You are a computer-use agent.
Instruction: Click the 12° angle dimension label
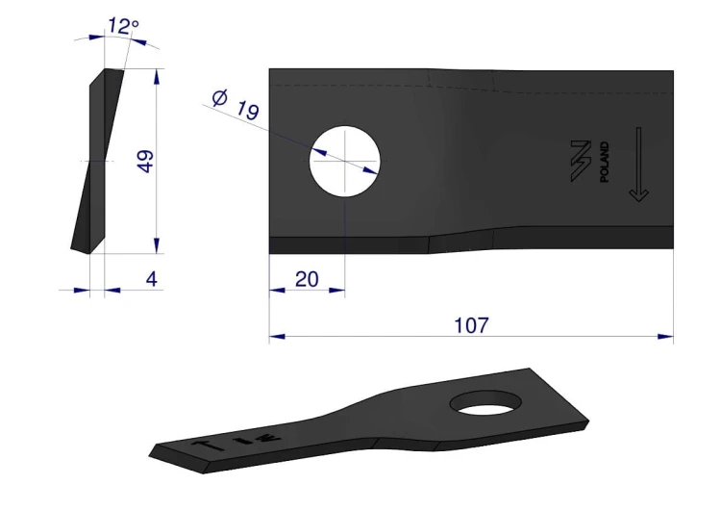point(123,26)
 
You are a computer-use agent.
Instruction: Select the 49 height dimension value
point(146,161)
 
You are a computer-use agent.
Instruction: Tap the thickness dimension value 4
point(151,279)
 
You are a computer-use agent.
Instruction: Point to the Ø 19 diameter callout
point(236,106)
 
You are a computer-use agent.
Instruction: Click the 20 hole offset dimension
point(307,279)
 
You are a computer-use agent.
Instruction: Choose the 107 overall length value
point(471,325)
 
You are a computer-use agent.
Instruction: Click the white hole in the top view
point(344,161)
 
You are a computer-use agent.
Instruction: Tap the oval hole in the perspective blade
point(486,402)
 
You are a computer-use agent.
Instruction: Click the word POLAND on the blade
point(605,162)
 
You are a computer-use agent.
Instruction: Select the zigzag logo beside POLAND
point(581,161)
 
